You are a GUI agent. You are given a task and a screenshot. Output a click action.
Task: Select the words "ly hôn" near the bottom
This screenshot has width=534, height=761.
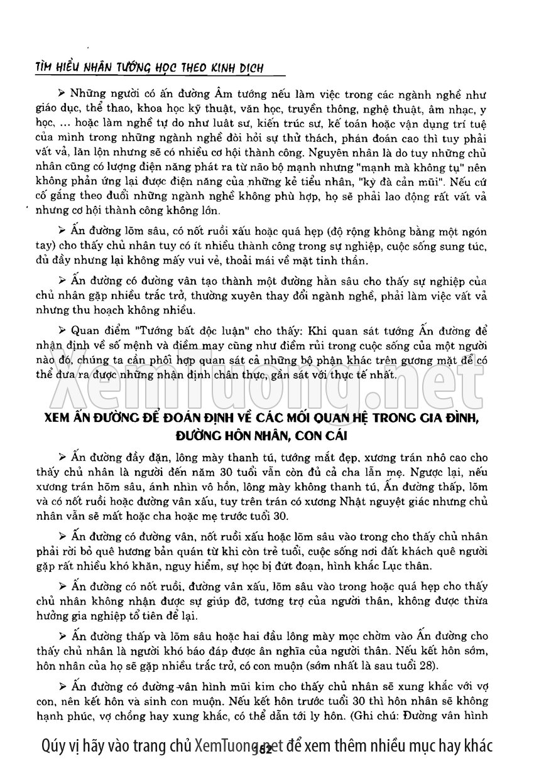(327, 715)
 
